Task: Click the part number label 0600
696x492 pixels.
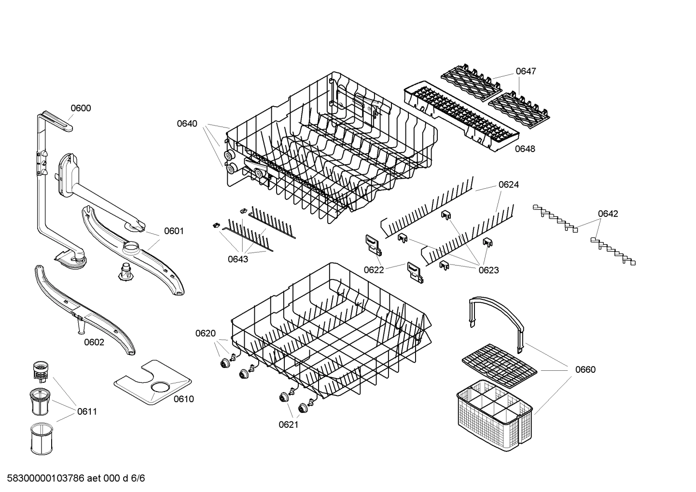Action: point(81,108)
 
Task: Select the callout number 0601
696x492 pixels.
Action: point(174,231)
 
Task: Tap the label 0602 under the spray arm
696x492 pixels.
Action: point(94,342)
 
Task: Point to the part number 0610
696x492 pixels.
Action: point(183,399)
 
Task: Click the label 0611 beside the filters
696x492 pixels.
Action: point(87,412)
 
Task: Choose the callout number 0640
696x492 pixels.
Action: point(187,124)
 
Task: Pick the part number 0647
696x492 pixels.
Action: point(526,71)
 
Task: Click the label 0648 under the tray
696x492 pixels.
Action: point(525,149)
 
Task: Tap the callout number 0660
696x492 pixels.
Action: point(585,370)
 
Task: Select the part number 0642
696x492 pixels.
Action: point(608,214)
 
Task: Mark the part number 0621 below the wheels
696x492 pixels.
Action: point(288,424)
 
